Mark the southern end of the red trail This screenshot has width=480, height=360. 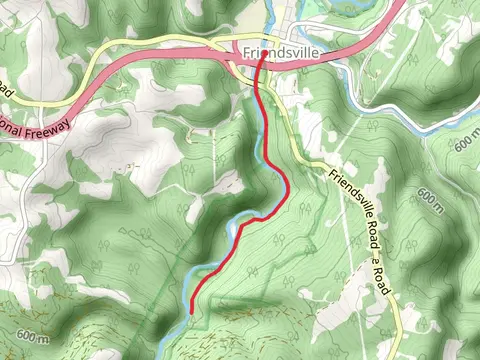(x=190, y=311)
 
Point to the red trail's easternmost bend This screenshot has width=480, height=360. (x=288, y=185)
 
